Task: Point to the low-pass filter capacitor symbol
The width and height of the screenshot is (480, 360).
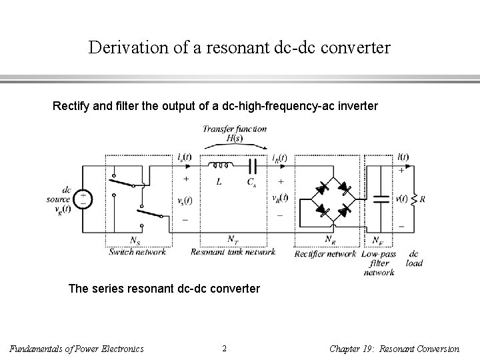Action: (x=380, y=199)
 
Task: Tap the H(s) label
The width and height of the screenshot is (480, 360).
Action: (x=234, y=138)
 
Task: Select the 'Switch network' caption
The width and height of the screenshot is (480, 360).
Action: (x=137, y=252)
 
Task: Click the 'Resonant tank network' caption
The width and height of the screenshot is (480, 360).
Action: (x=233, y=252)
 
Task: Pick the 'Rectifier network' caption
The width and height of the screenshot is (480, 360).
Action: (x=326, y=253)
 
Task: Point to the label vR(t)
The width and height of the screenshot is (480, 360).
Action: (x=280, y=198)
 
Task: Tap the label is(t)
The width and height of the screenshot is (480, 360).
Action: (x=185, y=158)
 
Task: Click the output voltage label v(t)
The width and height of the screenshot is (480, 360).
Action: (x=401, y=197)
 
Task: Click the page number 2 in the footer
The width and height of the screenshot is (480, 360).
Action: (x=224, y=348)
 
